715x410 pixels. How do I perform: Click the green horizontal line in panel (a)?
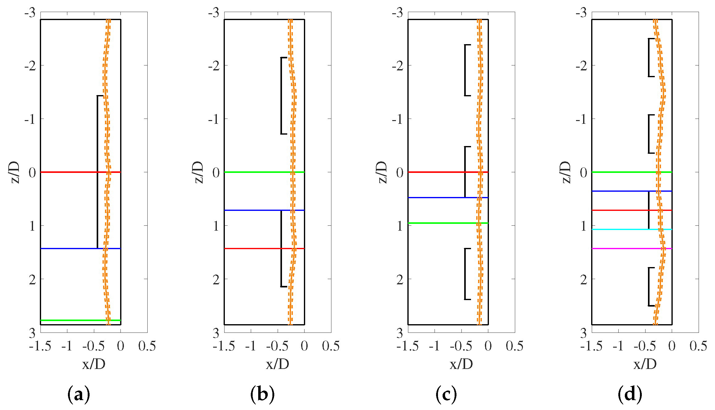(x=71, y=320)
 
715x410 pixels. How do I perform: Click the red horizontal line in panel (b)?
(x=253, y=248)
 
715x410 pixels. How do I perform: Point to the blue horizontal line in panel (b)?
(x=253, y=210)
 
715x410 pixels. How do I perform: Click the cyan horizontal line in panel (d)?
(x=621, y=229)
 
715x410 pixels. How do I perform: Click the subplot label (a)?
(x=78, y=394)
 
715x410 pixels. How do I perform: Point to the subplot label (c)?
(x=446, y=394)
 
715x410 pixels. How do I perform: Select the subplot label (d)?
(x=630, y=394)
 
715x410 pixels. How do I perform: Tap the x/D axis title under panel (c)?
(x=461, y=364)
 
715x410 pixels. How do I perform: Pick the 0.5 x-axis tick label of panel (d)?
(x=698, y=346)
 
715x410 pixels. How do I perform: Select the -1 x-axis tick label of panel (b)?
(x=250, y=346)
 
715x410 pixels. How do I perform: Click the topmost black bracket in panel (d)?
(x=649, y=57)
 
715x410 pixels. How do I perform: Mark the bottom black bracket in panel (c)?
(x=465, y=274)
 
